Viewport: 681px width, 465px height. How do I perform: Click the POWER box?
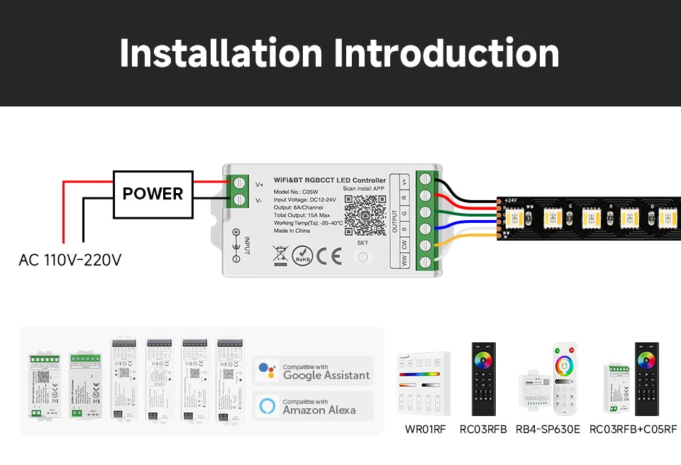[x=153, y=194]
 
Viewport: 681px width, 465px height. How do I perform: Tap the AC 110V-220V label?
[x=70, y=260]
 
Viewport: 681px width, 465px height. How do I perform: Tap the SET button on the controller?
[x=363, y=256]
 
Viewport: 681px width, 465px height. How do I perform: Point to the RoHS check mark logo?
[x=303, y=255]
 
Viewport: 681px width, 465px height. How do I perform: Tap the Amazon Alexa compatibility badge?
[x=314, y=406]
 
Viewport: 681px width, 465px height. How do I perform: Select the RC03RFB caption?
[x=483, y=430]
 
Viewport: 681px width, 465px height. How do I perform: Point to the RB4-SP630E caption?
[x=548, y=430]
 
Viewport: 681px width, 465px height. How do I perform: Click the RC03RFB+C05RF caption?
[x=633, y=430]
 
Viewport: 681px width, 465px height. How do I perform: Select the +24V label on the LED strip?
[x=512, y=201]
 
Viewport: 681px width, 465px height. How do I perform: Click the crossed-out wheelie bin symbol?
[x=279, y=254]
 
